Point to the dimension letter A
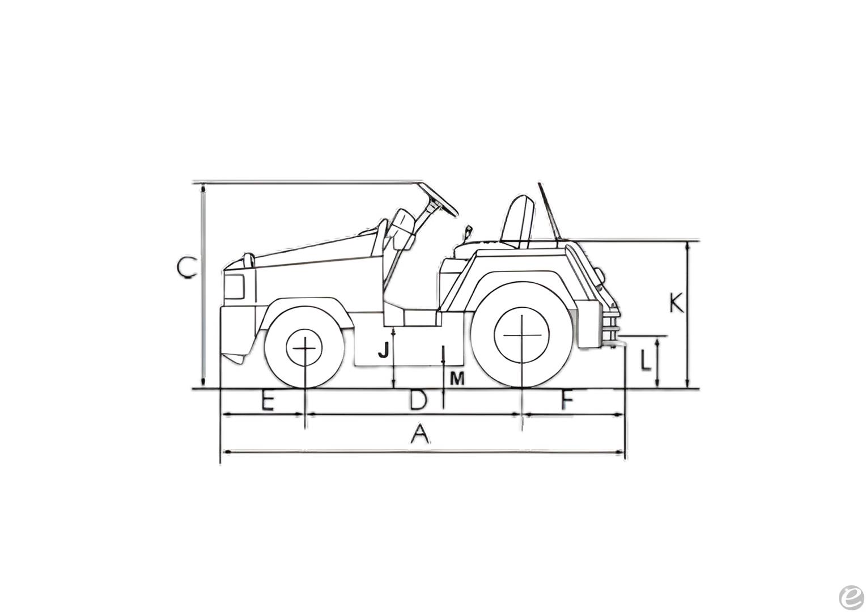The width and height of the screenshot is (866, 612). (x=419, y=435)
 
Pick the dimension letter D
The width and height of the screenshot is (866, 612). (x=418, y=401)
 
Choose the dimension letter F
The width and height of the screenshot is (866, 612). (x=567, y=401)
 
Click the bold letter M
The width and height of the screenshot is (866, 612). (x=457, y=379)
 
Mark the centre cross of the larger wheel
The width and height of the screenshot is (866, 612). (x=521, y=335)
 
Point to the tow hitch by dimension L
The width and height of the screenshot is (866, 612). (x=614, y=340)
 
